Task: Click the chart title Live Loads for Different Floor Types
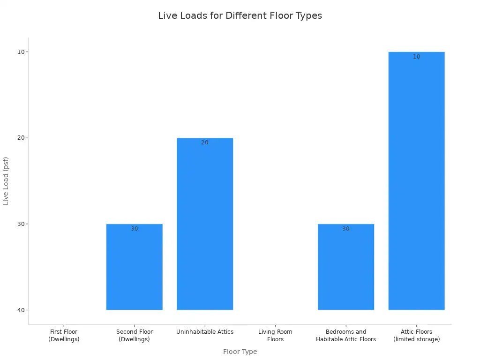click(240, 15)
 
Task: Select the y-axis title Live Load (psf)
click(6, 180)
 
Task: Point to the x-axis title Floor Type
click(240, 352)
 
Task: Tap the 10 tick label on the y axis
click(20, 52)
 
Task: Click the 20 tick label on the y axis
click(20, 138)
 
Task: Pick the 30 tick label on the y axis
click(20, 224)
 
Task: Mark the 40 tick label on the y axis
click(20, 310)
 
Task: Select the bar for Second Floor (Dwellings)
click(135, 267)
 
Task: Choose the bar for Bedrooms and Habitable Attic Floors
click(346, 267)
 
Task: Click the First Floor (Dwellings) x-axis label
click(64, 336)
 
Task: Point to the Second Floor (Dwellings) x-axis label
click(135, 336)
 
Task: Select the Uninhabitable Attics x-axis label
click(205, 332)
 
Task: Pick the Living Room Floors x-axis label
click(275, 336)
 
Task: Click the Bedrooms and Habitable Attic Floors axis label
click(346, 336)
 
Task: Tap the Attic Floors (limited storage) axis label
click(416, 336)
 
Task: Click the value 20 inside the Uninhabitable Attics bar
click(205, 142)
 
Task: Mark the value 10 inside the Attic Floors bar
click(416, 57)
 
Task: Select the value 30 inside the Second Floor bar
click(135, 229)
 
